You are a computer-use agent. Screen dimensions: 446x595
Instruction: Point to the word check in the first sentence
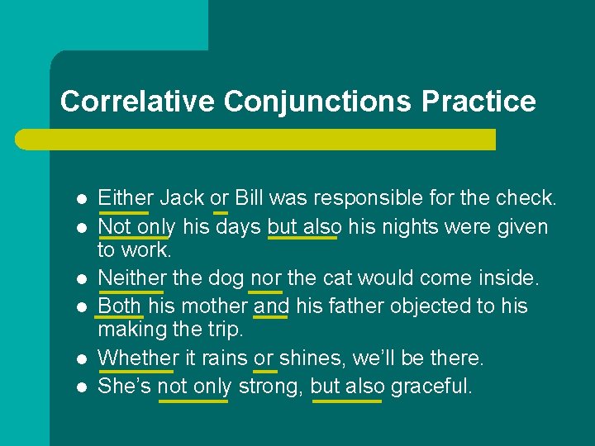pos(526,198)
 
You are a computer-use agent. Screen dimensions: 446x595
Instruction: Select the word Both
pos(120,306)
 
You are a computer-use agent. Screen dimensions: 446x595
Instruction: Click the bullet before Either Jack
pos(81,200)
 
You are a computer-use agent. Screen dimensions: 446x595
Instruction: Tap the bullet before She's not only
pos(81,387)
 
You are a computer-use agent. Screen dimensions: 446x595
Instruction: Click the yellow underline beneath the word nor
pos(265,292)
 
